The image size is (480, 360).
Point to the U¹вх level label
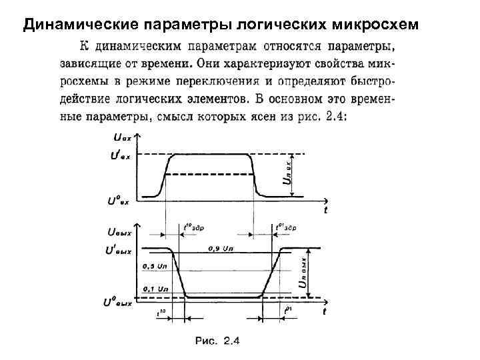click(x=120, y=156)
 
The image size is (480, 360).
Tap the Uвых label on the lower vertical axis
click(x=119, y=232)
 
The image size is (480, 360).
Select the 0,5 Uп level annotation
click(x=155, y=267)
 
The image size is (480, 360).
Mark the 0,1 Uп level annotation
click(x=155, y=289)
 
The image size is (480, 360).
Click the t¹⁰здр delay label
click(x=197, y=227)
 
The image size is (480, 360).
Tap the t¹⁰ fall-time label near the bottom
click(x=161, y=311)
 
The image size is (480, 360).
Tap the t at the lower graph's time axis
click(x=325, y=311)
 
